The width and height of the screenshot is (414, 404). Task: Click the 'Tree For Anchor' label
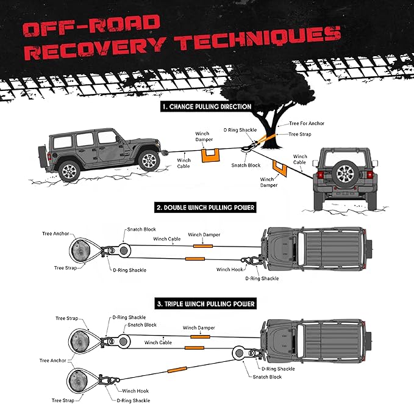[306, 124]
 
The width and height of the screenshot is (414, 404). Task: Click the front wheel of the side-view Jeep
[148, 160]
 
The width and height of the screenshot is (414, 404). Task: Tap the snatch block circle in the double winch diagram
[126, 250]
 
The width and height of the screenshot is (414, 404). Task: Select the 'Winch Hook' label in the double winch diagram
[229, 269]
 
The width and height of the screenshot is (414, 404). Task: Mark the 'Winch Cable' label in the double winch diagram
[167, 239]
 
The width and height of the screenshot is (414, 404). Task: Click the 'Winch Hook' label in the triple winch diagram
[135, 391]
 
